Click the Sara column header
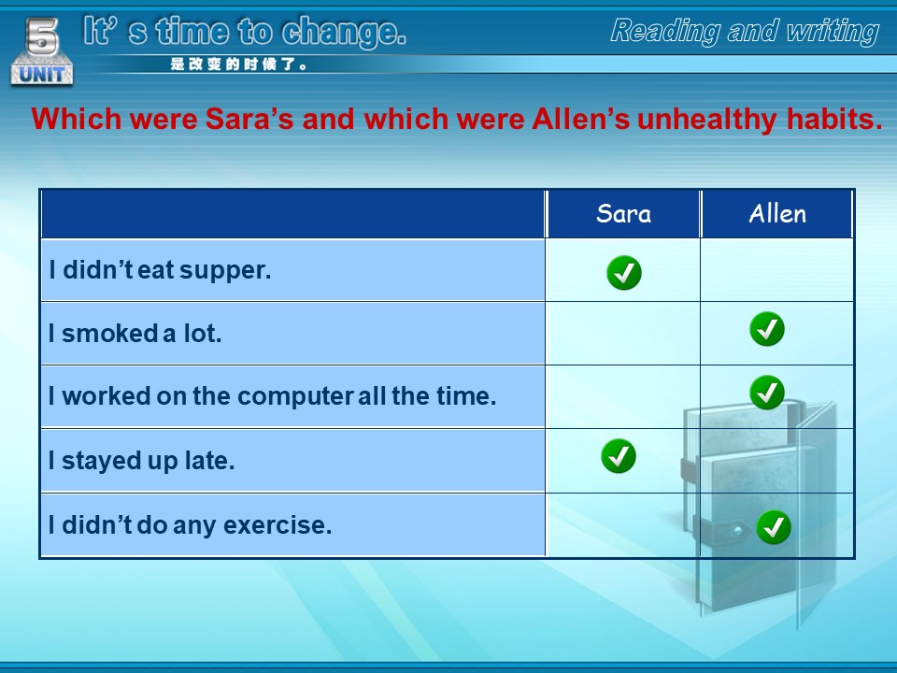(623, 213)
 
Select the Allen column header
(776, 213)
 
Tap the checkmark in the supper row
(623, 272)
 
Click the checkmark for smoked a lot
(766, 329)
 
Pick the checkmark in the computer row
(766, 393)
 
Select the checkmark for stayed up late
(619, 456)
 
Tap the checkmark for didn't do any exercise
(774, 527)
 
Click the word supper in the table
(225, 271)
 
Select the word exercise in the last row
(278, 524)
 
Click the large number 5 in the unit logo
(42, 36)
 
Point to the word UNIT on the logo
(42, 74)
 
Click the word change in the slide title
(344, 32)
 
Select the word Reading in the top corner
(665, 31)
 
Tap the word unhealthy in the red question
(707, 119)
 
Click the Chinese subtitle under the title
(238, 64)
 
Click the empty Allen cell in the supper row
(776, 269)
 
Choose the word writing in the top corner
(833, 31)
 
